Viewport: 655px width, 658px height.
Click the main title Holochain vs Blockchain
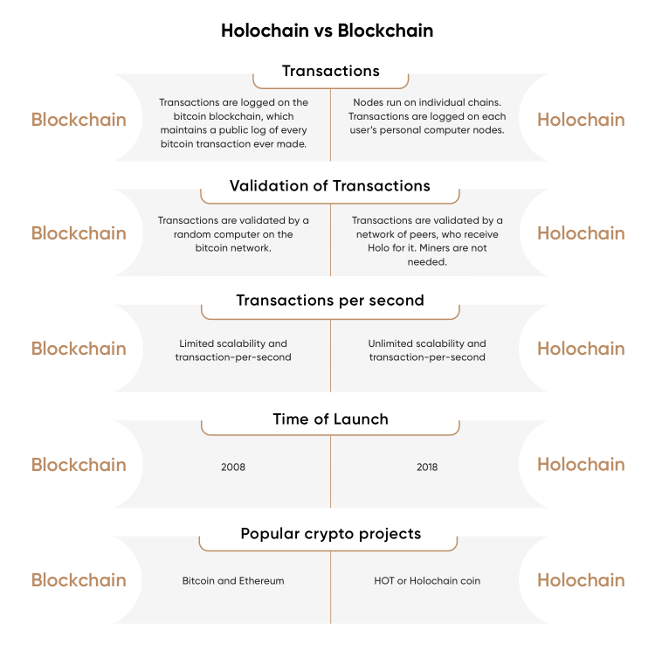[x=327, y=31]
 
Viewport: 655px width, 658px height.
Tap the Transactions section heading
[x=330, y=71]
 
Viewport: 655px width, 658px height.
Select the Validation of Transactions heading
[x=330, y=185]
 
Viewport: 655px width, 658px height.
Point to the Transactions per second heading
[x=330, y=301]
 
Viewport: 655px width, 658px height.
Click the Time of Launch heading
[x=330, y=419]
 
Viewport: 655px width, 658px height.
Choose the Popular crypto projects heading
[x=330, y=534]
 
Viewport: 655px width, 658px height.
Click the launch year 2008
[x=233, y=467]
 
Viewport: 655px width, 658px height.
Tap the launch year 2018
[x=427, y=467]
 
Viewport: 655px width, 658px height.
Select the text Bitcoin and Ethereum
[x=233, y=581]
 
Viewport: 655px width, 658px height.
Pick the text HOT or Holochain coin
[x=427, y=581]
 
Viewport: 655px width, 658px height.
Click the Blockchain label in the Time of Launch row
[x=79, y=465]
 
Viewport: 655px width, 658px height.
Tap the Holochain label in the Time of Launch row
[x=581, y=465]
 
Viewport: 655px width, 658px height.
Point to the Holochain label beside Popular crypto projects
[x=581, y=580]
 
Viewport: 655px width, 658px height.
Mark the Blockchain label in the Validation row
[x=79, y=233]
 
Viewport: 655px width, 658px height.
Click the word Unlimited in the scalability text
[x=388, y=343]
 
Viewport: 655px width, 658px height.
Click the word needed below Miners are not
[x=427, y=262]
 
